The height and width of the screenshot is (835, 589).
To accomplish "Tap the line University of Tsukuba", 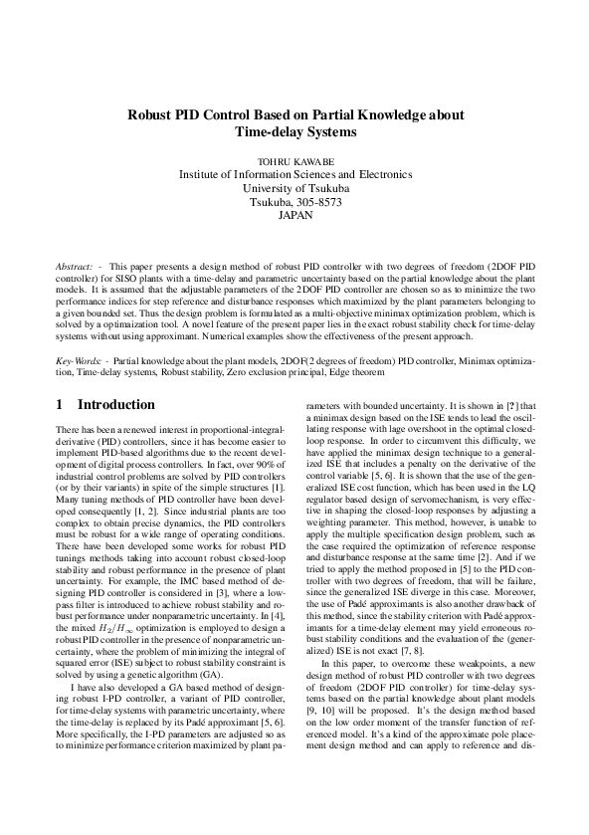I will coord(295,186).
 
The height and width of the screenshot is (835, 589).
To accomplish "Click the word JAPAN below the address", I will coord(295,214).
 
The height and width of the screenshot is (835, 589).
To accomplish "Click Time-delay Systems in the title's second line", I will coord(294,131).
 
